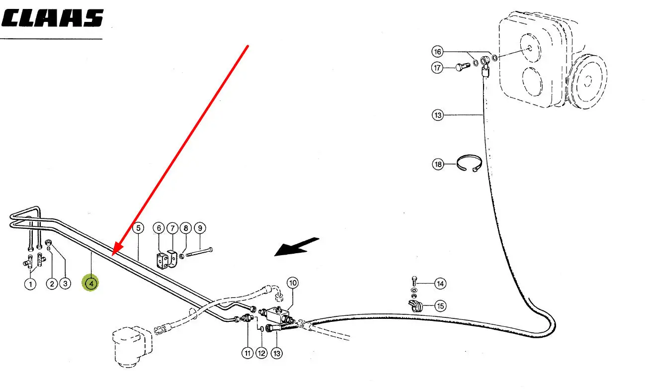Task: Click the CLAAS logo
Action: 53,18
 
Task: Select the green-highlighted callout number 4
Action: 91,284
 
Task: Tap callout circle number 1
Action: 30,284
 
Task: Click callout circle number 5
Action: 138,228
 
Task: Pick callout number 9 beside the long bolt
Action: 199,228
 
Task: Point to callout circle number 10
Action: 292,284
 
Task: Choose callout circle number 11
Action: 247,353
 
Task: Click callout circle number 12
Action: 262,353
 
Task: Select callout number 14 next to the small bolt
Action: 440,284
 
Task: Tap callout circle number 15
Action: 440,306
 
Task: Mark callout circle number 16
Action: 437,52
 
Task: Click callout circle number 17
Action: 437,68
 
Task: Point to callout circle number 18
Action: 437,164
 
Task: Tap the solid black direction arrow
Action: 297,247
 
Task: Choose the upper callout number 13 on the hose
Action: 437,115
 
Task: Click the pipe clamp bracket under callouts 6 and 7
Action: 166,260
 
